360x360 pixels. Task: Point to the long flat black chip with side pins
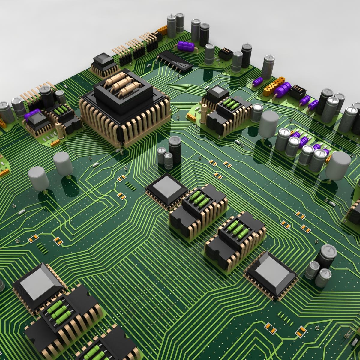(175, 60)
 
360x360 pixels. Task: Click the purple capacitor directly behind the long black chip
(186, 46)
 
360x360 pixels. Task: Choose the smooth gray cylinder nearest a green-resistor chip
(268, 123)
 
